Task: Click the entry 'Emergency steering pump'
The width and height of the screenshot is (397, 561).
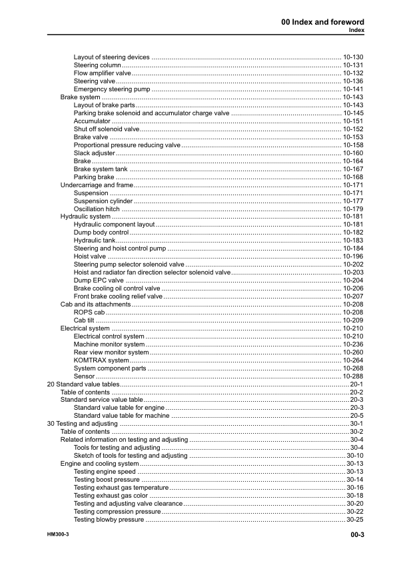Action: tap(111, 89)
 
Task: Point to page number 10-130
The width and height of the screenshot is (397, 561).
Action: tap(352, 57)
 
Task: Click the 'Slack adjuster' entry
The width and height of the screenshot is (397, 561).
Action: tap(94, 153)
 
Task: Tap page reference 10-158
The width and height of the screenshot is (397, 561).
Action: tap(352, 145)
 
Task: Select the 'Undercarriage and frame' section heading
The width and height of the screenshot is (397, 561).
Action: tap(97, 185)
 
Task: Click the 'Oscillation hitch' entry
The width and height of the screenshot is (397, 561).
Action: tap(97, 209)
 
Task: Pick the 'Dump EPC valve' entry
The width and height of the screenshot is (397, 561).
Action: tap(99, 281)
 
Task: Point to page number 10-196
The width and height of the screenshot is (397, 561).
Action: tap(352, 257)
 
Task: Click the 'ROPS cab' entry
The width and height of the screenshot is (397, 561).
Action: tap(89, 312)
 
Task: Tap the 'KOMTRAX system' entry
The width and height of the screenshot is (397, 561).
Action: tap(101, 360)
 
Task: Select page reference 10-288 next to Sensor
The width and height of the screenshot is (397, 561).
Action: tap(352, 376)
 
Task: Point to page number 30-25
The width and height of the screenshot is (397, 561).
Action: tap(354, 520)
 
